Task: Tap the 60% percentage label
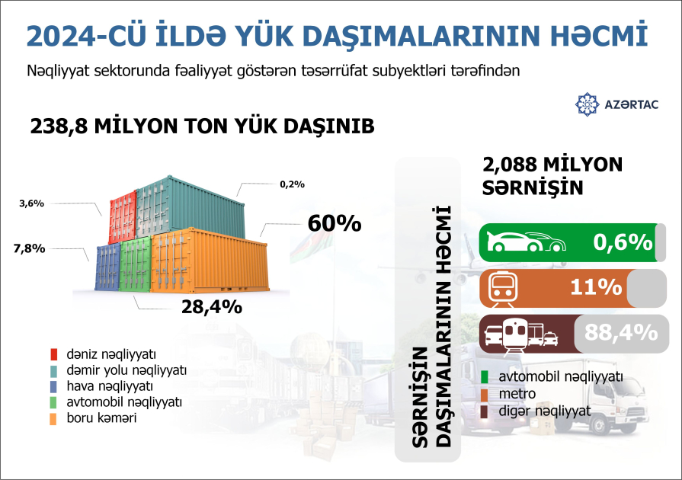click(x=334, y=223)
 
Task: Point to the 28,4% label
click(x=211, y=307)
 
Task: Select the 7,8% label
click(x=29, y=248)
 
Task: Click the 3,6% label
click(x=31, y=203)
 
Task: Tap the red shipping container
click(x=122, y=217)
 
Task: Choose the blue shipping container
click(x=107, y=267)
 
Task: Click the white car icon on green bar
click(x=527, y=242)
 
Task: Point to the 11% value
click(x=597, y=287)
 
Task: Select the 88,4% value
click(x=621, y=332)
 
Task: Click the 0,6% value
click(x=623, y=242)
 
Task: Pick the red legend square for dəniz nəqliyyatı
click(x=53, y=354)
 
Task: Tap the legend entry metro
click(x=517, y=394)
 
